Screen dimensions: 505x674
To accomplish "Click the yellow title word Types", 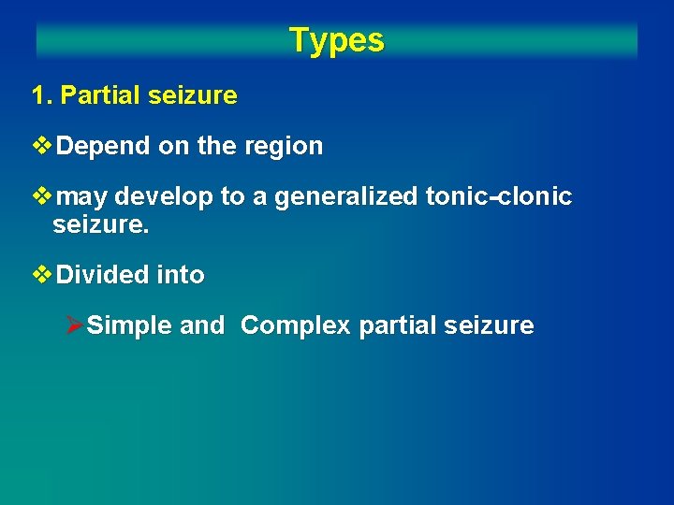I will [x=336, y=40].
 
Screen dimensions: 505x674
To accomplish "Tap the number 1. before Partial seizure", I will [x=42, y=95].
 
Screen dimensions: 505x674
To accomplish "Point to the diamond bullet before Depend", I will [x=42, y=146].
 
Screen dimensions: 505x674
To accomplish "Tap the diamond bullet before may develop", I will [x=42, y=196].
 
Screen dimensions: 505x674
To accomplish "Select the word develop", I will [x=167, y=197].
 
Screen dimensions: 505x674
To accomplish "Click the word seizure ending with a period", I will [x=101, y=225].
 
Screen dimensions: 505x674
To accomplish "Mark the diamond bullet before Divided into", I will [x=42, y=274].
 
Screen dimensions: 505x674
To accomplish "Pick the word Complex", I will [x=296, y=326].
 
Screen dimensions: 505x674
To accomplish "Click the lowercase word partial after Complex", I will [x=402, y=326].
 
